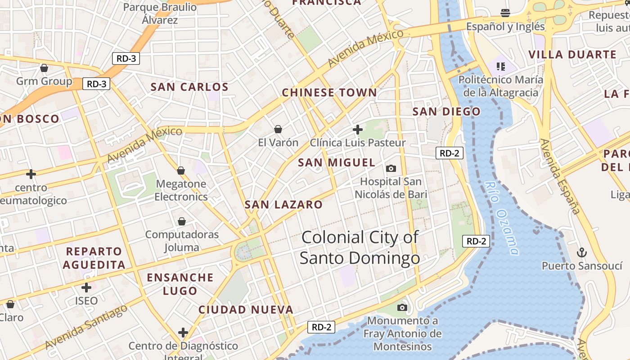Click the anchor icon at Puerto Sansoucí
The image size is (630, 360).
[x=582, y=252]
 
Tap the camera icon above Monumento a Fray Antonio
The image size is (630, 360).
[x=402, y=308]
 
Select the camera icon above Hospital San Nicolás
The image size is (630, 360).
[x=391, y=168]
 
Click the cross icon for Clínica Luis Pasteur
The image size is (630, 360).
[x=358, y=130]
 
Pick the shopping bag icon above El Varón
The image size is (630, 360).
[x=278, y=130]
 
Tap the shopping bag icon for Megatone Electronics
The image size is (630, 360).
[x=181, y=171]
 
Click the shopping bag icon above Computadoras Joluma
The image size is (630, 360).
[x=182, y=221]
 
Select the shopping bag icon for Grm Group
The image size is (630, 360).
[x=44, y=68]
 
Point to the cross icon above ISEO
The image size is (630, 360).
[x=86, y=288]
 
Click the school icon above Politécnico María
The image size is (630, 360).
[x=501, y=67]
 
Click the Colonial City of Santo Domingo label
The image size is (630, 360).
[x=360, y=247]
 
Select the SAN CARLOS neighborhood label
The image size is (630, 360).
[x=189, y=87]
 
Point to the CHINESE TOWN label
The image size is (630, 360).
[x=329, y=93]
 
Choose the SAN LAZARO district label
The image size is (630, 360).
[x=283, y=205]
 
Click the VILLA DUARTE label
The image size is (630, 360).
[x=572, y=55]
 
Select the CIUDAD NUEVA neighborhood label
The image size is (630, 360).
[x=246, y=310]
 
